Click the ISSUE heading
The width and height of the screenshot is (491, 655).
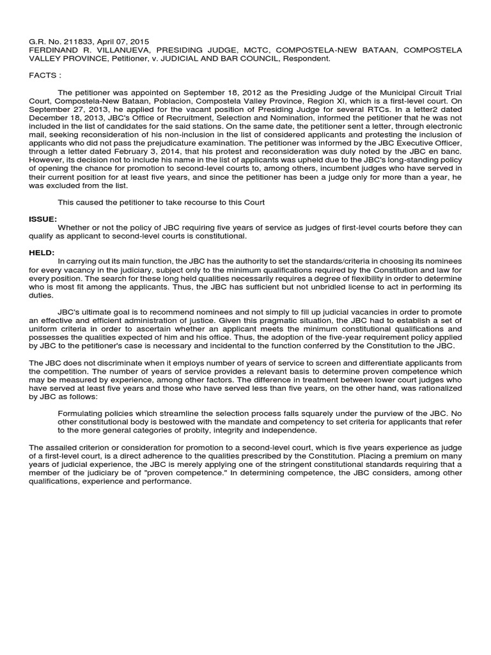pyautogui.click(x=43, y=219)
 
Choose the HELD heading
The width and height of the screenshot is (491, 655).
pyautogui.click(x=42, y=253)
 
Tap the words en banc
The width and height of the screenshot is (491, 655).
pyautogui.click(x=446, y=152)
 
